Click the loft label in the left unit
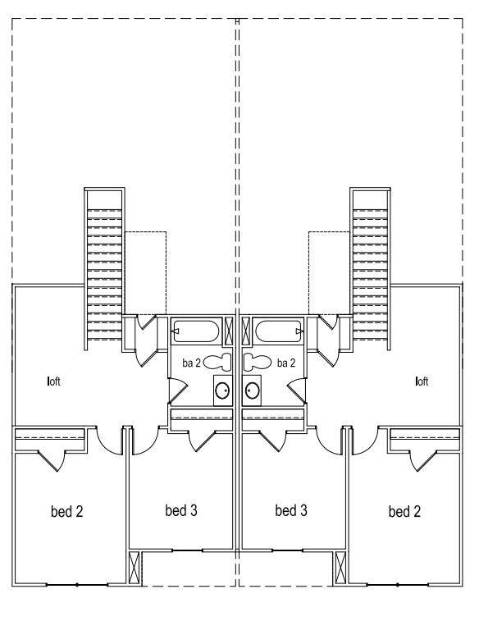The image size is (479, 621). click(54, 381)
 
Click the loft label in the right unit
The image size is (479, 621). click(422, 381)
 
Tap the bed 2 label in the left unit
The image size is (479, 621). click(67, 512)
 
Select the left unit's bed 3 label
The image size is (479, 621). click(180, 510)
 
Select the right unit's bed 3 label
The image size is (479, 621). click(291, 510)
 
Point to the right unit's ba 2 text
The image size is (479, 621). click(286, 362)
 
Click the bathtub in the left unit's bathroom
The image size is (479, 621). click(196, 331)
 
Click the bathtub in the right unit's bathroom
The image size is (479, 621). click(280, 331)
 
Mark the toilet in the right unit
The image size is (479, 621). click(260, 361)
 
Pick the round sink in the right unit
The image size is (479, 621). click(253, 391)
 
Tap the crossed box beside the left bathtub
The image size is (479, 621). click(230, 331)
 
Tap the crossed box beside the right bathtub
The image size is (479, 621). click(247, 331)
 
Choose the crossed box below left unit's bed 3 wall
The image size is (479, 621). click(135, 567)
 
